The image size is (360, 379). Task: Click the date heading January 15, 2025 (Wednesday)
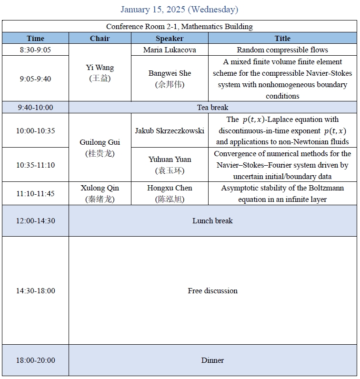pyautogui.click(x=179, y=10)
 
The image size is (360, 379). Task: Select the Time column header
pyautogui.click(x=35, y=39)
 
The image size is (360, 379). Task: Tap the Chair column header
pyautogui.click(x=100, y=39)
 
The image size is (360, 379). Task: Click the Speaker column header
pyautogui.click(x=169, y=39)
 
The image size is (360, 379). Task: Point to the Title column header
pyautogui.click(x=282, y=39)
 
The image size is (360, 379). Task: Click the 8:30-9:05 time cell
pyautogui.click(x=35, y=50)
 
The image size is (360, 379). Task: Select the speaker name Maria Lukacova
pyautogui.click(x=169, y=50)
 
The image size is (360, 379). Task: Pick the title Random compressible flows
pyautogui.click(x=282, y=50)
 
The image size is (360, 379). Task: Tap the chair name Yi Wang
pyautogui.click(x=100, y=68)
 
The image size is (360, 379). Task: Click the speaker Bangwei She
pyautogui.click(x=170, y=73)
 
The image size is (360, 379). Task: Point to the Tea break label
pyautogui.click(x=212, y=108)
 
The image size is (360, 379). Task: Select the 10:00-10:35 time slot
pyautogui.click(x=35, y=130)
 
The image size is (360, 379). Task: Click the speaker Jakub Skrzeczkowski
pyautogui.click(x=169, y=130)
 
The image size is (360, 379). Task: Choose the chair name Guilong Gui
pyautogui.click(x=100, y=142)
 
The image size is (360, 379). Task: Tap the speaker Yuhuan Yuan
pyautogui.click(x=170, y=160)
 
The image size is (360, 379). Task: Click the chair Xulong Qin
pyautogui.click(x=100, y=188)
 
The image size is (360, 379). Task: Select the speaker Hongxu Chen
pyautogui.click(x=170, y=188)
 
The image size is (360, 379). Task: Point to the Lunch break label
pyautogui.click(x=212, y=221)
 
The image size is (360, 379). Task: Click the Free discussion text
pyautogui.click(x=212, y=291)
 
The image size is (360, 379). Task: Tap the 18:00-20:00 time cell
pyautogui.click(x=35, y=360)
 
